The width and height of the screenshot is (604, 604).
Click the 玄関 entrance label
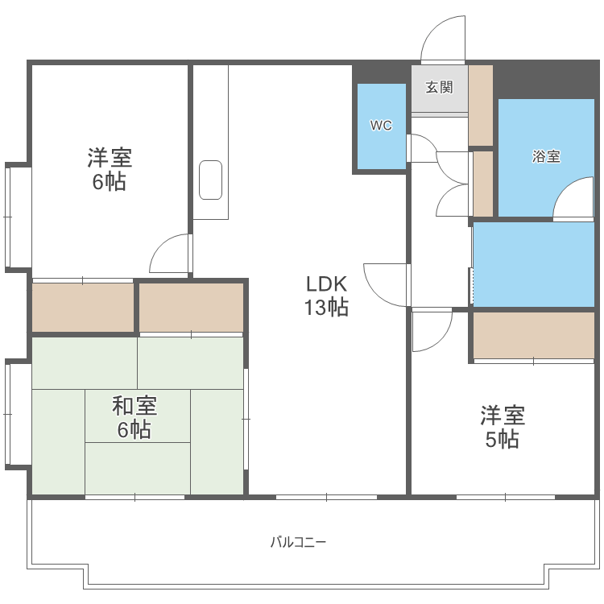pos(439,88)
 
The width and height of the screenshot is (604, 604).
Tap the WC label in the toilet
pos(380,126)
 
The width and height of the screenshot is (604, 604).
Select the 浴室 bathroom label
pos(546,157)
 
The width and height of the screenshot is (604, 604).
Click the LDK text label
pos(325,284)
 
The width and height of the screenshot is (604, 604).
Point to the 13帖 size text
pos(325,307)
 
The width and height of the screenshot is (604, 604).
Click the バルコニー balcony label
pos(298,542)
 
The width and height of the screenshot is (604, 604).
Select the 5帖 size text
pos(503,440)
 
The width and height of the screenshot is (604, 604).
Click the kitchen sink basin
pos(210,180)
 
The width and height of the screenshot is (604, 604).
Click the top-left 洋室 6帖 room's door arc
pos(169,253)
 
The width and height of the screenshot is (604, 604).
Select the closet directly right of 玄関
pos(480,105)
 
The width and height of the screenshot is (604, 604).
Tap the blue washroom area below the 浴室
pos(533,263)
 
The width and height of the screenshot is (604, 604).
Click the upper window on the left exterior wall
pos(18,216)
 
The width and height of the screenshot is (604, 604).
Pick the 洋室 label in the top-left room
pos(110,157)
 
